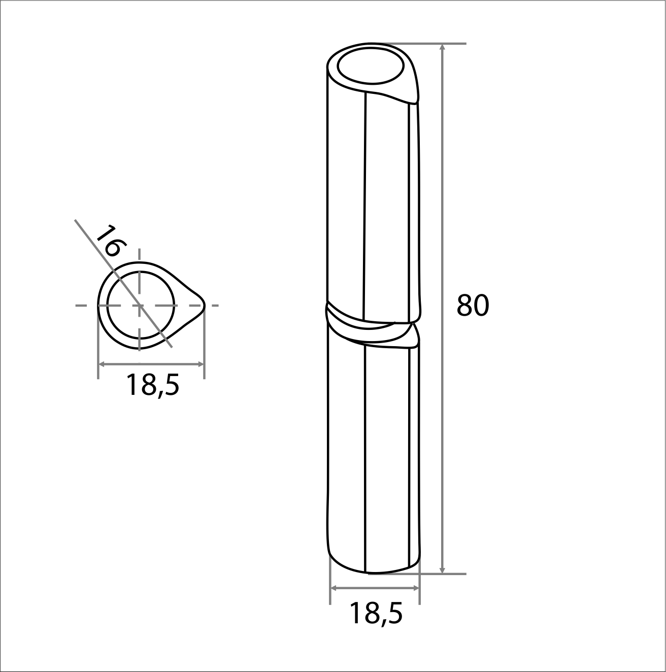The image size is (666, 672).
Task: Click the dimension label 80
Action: tap(473, 305)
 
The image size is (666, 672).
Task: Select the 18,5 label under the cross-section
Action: tap(152, 385)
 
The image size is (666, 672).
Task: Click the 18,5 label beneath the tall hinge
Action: tap(376, 614)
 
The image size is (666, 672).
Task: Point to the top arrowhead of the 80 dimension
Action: tap(442, 48)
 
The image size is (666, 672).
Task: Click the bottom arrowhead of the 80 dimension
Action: tap(442, 579)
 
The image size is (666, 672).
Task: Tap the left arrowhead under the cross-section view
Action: tap(102, 364)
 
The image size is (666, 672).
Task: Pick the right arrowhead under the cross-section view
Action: tap(200, 364)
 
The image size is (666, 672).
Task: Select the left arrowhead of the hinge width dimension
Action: tap(334, 588)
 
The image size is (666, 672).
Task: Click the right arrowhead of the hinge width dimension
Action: tap(415, 588)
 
